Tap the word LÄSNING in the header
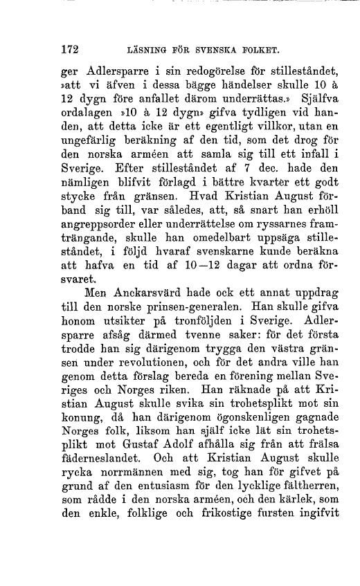tap(145, 51)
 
